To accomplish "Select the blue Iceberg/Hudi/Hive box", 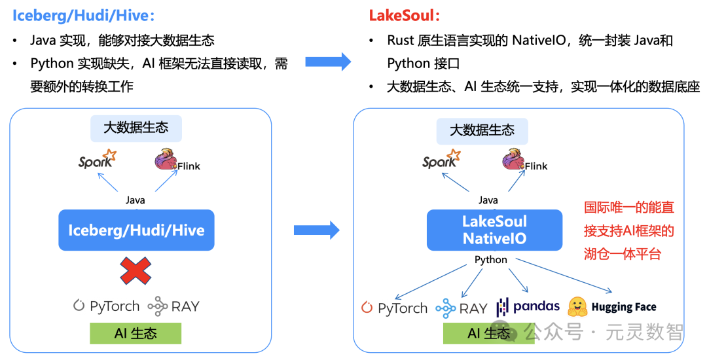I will pyautogui.click(x=136, y=230).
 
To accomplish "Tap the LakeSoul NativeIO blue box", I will pyautogui.click(x=494, y=230).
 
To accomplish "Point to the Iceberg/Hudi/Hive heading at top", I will pyautogui.click(x=84, y=16).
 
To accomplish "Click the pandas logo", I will pyautogui.click(x=528, y=306).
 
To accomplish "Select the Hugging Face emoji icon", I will pyautogui.click(x=577, y=306).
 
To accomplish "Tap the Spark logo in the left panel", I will pyautogui.click(x=97, y=160).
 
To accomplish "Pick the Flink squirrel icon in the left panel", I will pyautogui.click(x=165, y=160).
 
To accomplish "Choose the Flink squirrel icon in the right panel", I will pyautogui.click(x=513, y=160).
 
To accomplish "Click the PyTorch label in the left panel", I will pyautogui.click(x=106, y=306).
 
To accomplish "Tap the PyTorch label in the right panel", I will pyautogui.click(x=395, y=308).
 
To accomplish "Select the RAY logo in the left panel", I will pyautogui.click(x=173, y=306).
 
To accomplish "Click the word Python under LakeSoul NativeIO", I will pyautogui.click(x=491, y=259).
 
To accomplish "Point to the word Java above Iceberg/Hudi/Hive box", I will pyautogui.click(x=136, y=200).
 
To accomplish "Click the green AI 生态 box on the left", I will pyautogui.click(x=136, y=333).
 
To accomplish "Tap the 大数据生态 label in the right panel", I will pyautogui.click(x=482, y=130).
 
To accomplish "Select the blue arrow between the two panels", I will pyautogui.click(x=316, y=230).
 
